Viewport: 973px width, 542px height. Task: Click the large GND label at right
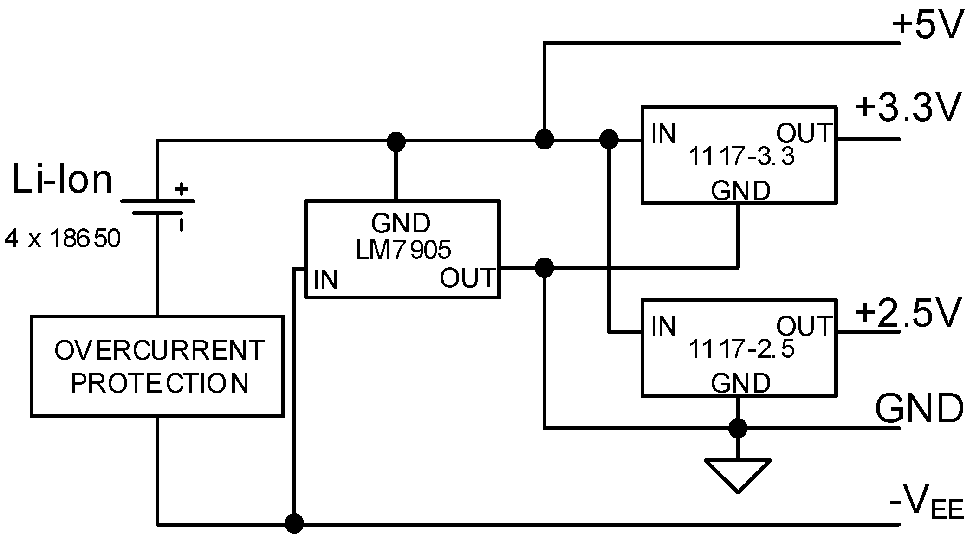tap(919, 408)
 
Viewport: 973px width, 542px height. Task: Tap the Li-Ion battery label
tap(62, 180)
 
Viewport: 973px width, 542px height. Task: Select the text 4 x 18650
tap(62, 239)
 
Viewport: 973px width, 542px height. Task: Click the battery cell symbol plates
tap(157, 207)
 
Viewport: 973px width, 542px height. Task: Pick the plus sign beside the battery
tap(182, 189)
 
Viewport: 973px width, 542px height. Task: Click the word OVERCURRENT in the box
tap(159, 350)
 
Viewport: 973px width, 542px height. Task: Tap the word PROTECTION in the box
tap(159, 383)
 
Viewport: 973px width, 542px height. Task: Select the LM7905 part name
tap(403, 250)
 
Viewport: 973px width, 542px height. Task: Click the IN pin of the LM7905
tap(325, 280)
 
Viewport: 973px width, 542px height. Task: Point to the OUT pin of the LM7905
tap(467, 278)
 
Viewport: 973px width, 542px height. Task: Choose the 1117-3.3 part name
tap(741, 156)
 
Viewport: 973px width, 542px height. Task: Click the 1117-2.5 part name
tap(741, 349)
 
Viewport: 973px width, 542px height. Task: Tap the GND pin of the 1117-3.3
tap(740, 191)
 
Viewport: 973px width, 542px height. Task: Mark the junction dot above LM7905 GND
tap(396, 141)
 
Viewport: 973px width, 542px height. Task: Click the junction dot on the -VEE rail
tap(294, 523)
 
